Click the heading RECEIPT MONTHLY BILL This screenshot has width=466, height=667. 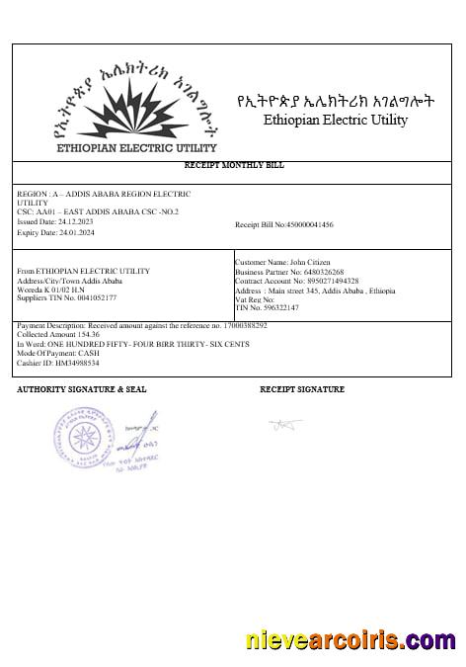pyautogui.click(x=234, y=165)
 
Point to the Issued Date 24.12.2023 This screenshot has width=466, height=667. pyautogui.click(x=59, y=221)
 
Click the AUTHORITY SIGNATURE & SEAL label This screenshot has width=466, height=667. pyautogui.click(x=82, y=390)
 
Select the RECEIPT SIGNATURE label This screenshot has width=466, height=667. pyautogui.click(x=302, y=390)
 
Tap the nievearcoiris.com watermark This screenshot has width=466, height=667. pyautogui.click(x=350, y=642)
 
